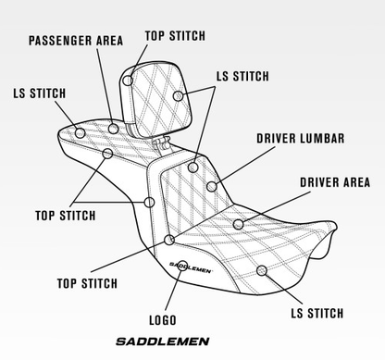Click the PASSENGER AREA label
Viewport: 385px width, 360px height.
75,41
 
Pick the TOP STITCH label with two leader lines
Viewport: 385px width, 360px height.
65,216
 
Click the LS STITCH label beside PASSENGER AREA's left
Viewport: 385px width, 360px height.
39,93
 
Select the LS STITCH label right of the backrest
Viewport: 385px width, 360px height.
242,75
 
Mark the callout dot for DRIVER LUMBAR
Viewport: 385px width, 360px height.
212,187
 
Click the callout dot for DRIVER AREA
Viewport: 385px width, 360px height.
238,224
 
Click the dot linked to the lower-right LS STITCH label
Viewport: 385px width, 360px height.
263,270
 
